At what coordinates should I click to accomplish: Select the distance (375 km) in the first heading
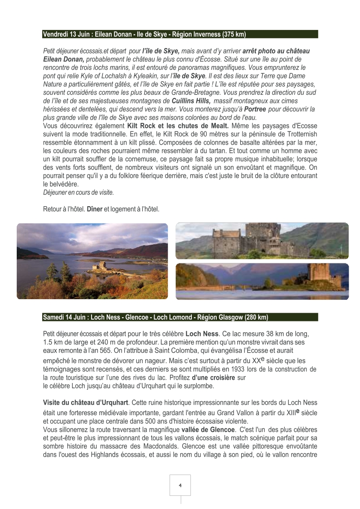(x=234, y=34)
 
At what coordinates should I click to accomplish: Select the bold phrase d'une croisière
(x=213, y=377)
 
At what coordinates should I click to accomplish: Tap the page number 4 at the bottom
(x=180, y=485)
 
